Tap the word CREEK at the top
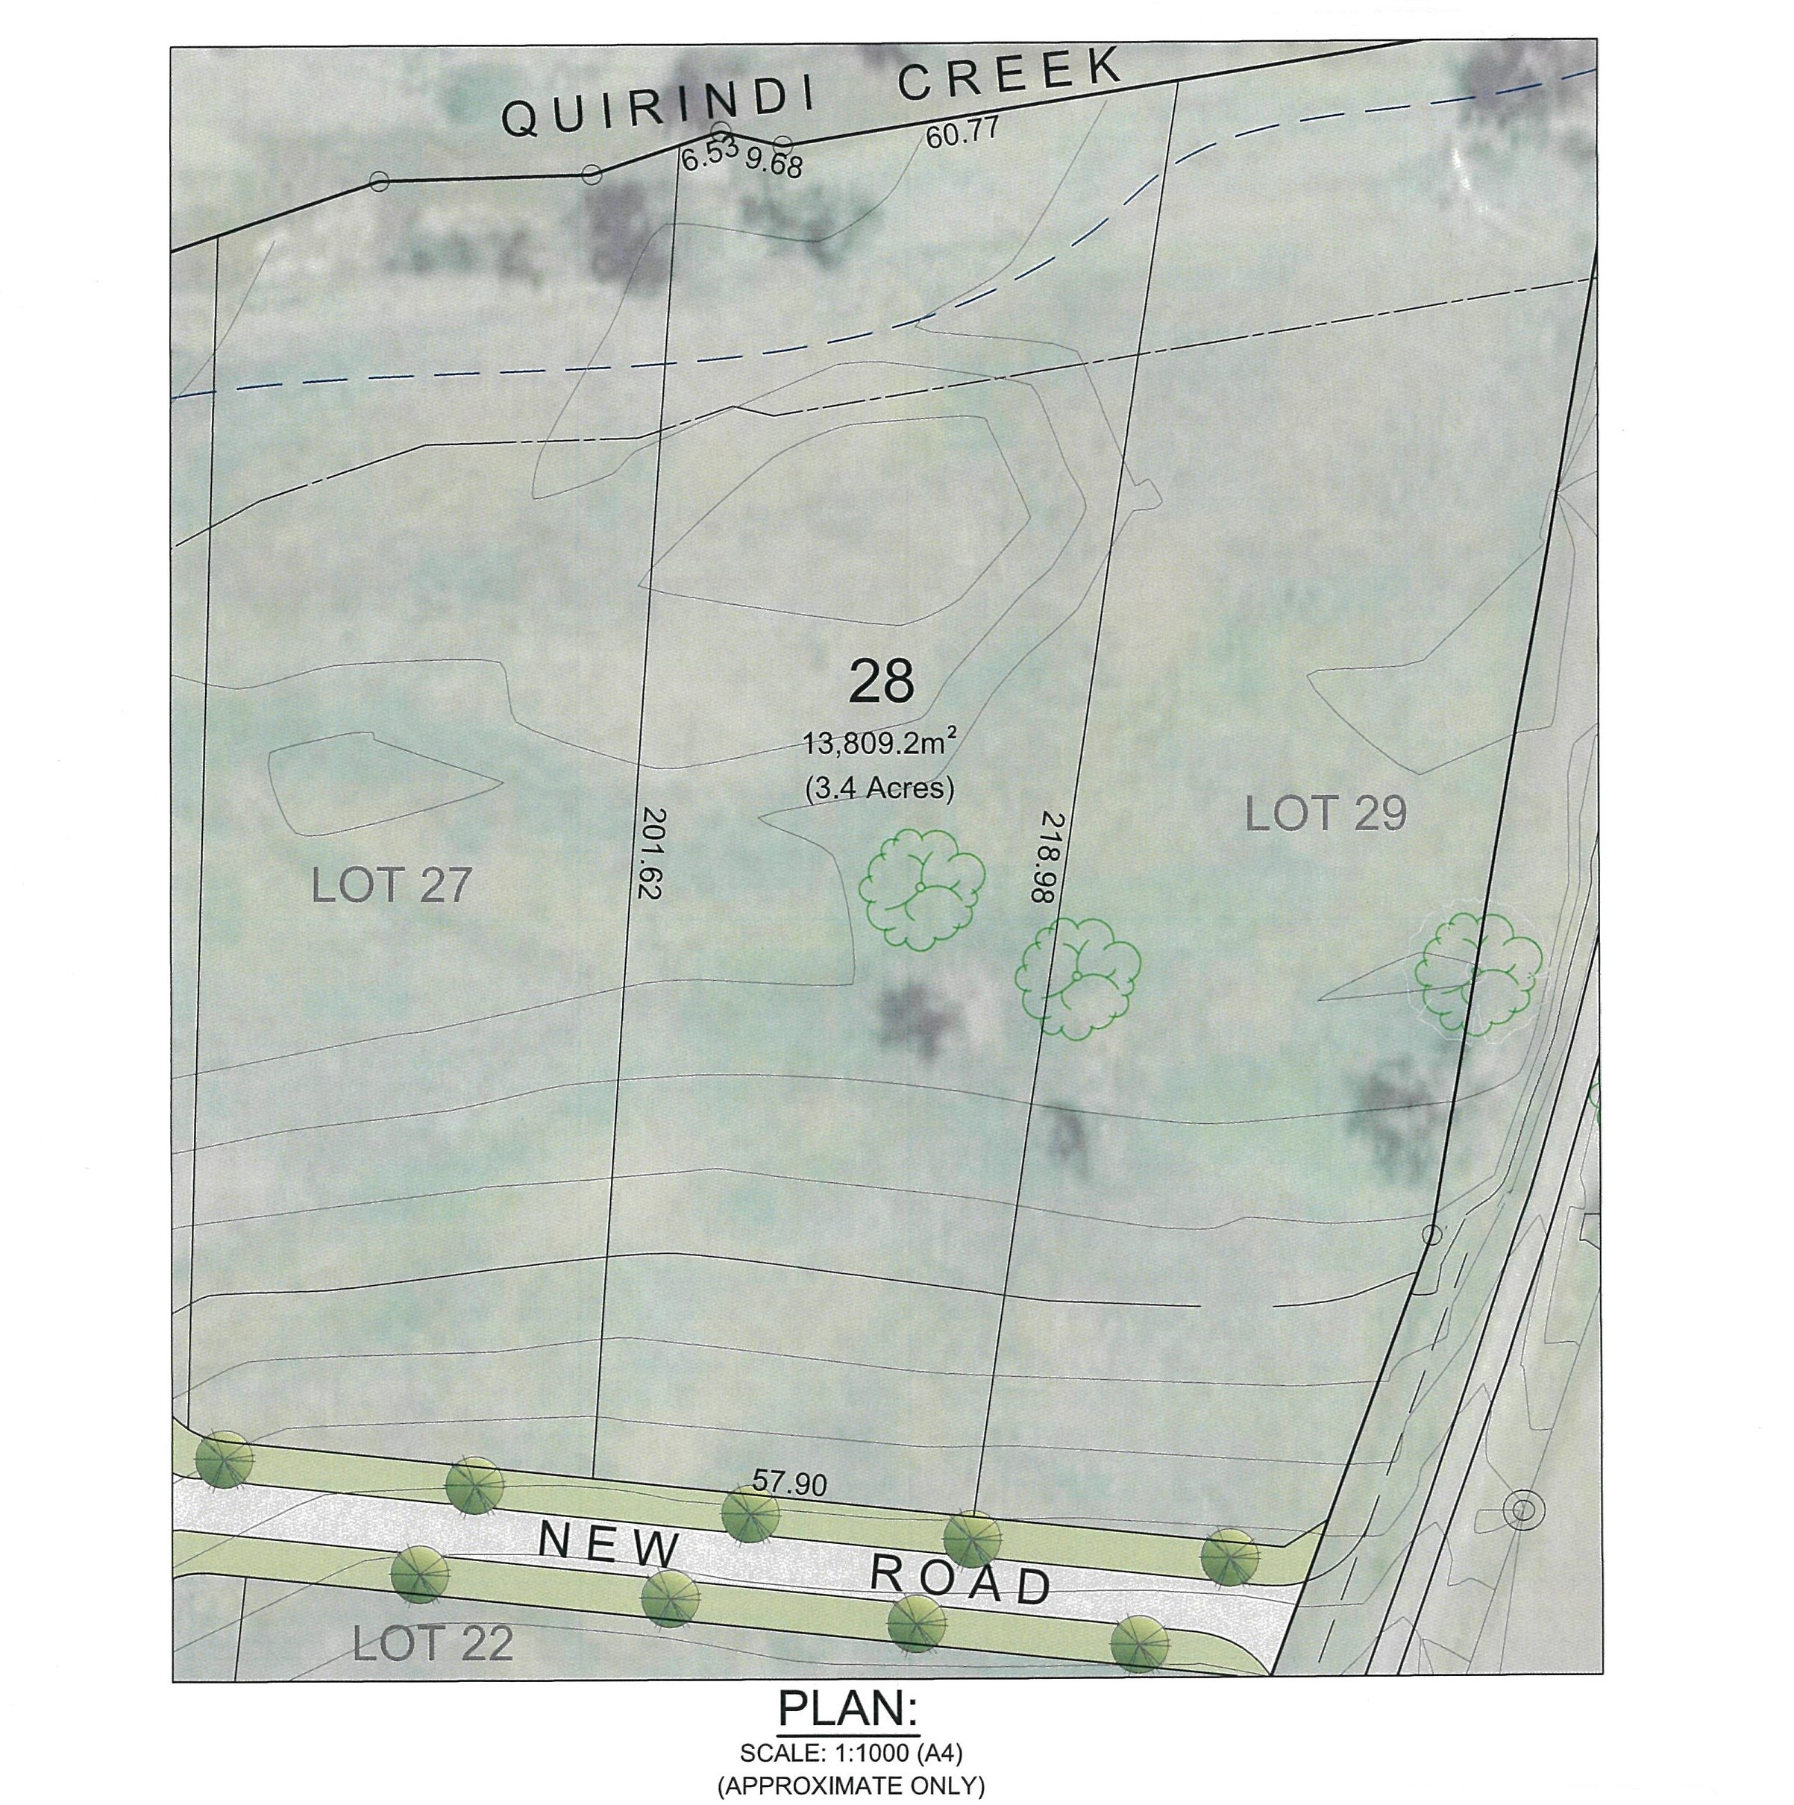click(1009, 74)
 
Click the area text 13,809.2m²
click(881, 744)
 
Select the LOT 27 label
click(391, 885)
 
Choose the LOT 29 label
click(1326, 814)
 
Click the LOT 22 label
click(433, 1643)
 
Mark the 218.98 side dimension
click(1043, 857)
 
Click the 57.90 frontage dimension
click(789, 1484)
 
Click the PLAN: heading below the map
click(848, 1708)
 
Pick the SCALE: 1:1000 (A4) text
click(850, 1753)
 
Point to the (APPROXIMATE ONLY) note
click(850, 1786)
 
